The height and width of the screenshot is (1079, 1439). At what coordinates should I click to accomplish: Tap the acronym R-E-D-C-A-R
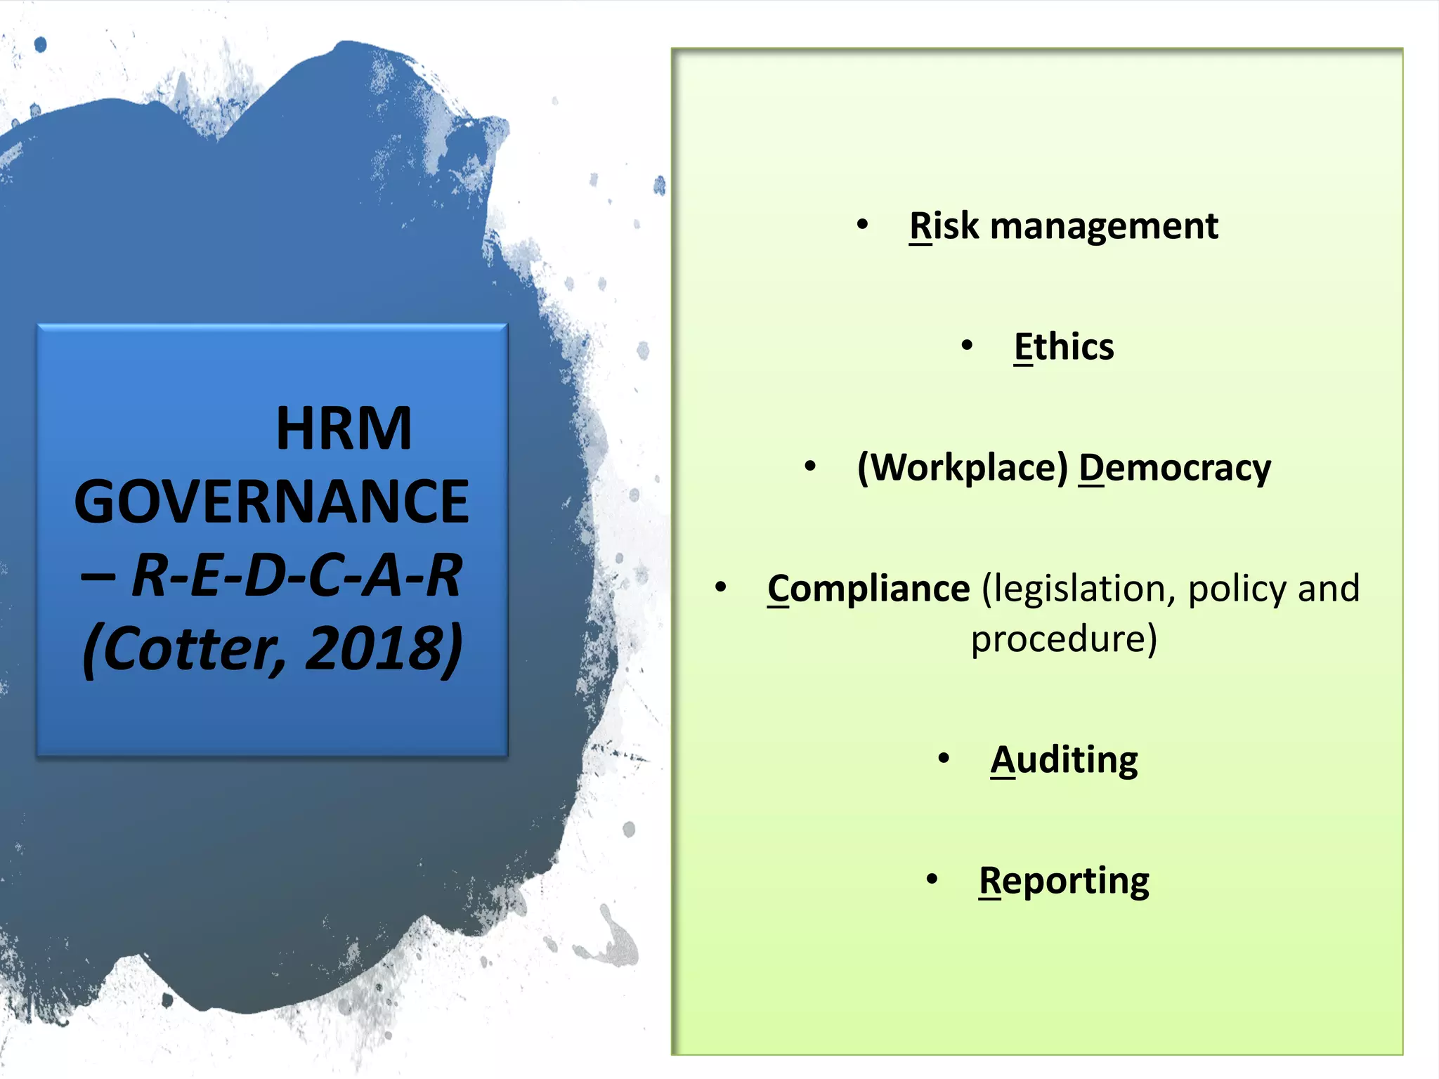297,575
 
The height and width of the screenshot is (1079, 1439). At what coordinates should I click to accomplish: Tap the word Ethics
1064,347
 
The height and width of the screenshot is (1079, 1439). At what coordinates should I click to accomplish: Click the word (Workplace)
963,467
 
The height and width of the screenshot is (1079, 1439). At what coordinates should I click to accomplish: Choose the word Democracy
1175,469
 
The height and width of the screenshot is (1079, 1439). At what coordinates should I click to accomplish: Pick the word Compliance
868,589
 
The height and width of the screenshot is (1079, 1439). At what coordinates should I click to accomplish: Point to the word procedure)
1064,639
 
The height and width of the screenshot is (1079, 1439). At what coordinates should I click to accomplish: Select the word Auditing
1064,760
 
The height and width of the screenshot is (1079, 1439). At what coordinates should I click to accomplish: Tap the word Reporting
1064,881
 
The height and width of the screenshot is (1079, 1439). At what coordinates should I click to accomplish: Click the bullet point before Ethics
968,346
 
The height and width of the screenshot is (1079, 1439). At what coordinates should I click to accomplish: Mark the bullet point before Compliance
720,587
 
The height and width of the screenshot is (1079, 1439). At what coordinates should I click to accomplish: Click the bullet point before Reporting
932,879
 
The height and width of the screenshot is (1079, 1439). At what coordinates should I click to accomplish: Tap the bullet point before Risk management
862,225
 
